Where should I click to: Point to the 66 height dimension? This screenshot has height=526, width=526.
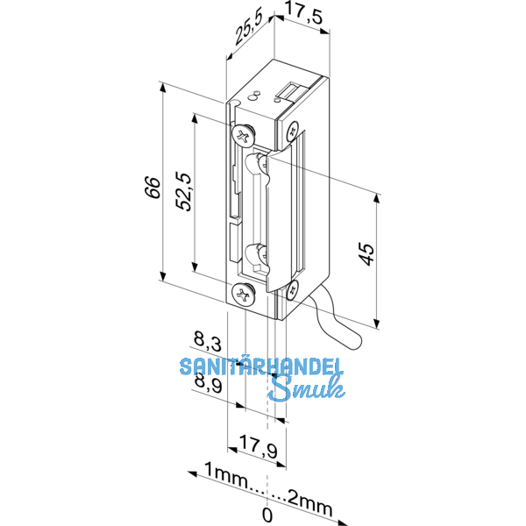click(x=151, y=188)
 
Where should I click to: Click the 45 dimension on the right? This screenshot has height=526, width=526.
click(x=366, y=253)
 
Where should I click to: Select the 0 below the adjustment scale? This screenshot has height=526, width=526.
click(x=267, y=514)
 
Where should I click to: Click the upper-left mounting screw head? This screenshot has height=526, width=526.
click(x=243, y=135)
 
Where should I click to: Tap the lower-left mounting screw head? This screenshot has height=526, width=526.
click(x=243, y=295)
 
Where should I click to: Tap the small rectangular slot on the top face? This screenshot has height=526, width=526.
click(x=289, y=91)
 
